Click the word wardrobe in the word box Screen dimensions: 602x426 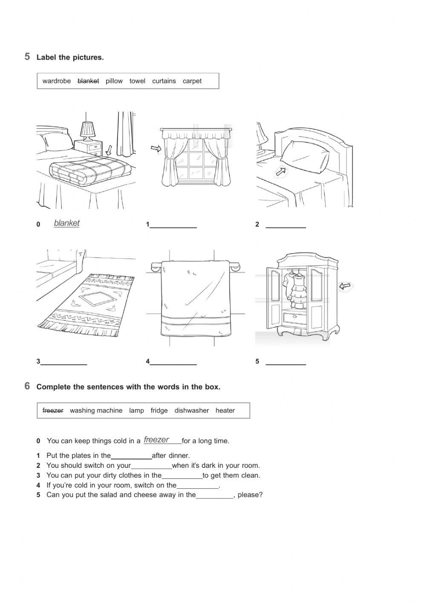[57, 81]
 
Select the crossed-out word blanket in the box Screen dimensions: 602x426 [88, 81]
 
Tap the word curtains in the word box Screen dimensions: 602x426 [164, 81]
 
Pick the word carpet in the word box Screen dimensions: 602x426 [192, 81]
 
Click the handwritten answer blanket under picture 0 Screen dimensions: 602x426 [66, 223]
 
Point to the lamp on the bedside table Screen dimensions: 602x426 [88, 130]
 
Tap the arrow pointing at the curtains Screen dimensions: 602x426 [156, 148]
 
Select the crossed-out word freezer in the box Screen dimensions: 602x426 [53, 411]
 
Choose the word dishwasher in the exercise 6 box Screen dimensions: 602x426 [192, 411]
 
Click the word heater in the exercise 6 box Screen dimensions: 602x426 [225, 411]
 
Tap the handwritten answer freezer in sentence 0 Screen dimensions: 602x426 [156, 440]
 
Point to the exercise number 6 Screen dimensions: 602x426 [27, 386]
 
